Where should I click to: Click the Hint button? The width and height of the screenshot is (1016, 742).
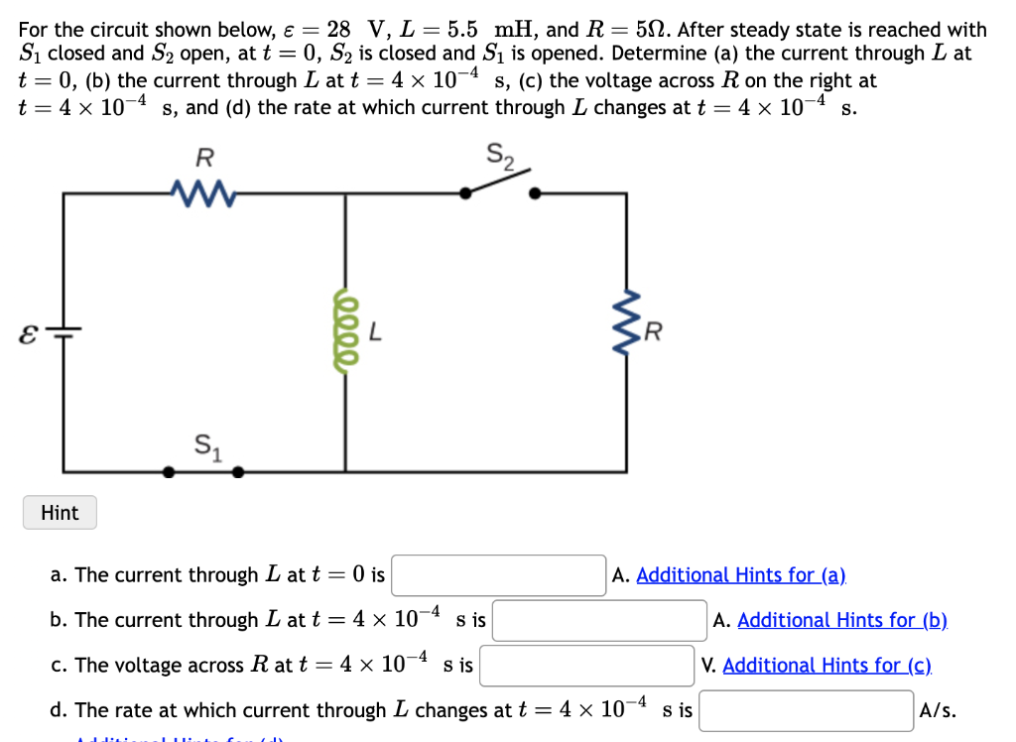60,513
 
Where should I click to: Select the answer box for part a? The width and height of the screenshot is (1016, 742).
499,575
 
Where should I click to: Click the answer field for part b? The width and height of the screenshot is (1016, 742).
599,621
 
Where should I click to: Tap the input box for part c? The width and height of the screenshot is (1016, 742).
586,666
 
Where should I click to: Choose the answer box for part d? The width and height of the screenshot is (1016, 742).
807,710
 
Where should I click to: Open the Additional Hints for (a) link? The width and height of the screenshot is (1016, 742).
740,575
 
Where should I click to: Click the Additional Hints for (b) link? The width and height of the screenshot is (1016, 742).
842,621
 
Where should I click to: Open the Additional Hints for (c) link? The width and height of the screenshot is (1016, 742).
826,666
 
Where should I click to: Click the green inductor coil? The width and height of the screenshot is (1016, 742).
345,333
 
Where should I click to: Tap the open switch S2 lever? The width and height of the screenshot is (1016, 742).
500,183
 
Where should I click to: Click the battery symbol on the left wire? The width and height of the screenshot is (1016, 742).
65,332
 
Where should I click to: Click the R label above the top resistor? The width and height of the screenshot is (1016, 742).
203,157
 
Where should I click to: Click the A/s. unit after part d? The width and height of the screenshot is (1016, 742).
939,710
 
